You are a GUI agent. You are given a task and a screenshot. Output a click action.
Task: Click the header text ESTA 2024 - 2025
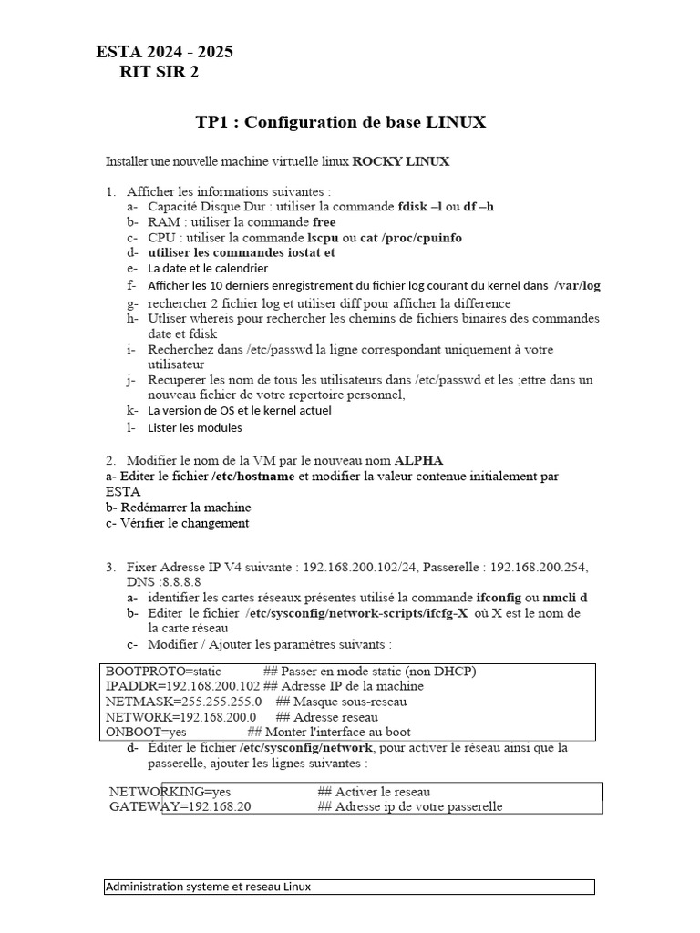[x=164, y=52]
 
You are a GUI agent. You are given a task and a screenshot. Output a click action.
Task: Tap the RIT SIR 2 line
[x=159, y=73]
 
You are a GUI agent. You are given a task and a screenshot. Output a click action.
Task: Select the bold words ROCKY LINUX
[x=401, y=161]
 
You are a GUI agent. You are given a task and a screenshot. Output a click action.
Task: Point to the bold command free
[x=324, y=221]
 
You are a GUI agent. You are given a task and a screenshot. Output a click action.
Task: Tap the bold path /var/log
[x=577, y=285]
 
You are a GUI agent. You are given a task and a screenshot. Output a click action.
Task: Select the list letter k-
[x=132, y=410]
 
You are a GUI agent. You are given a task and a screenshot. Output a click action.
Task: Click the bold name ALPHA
[x=418, y=460]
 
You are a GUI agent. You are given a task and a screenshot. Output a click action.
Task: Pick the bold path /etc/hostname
[x=253, y=476]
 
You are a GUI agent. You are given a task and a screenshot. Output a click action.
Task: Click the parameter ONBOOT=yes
[x=146, y=732]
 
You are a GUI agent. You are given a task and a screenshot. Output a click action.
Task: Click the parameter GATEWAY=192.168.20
[x=180, y=806]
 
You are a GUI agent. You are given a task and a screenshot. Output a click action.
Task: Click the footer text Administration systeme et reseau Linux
[x=209, y=887]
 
